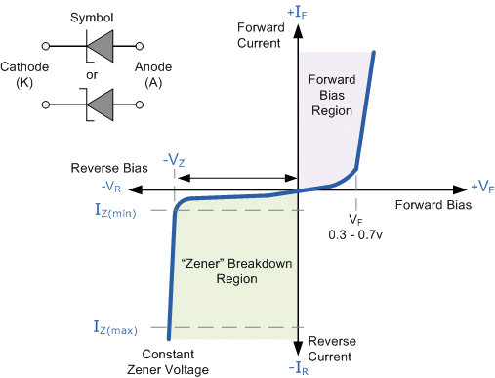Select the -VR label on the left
[111, 186]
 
